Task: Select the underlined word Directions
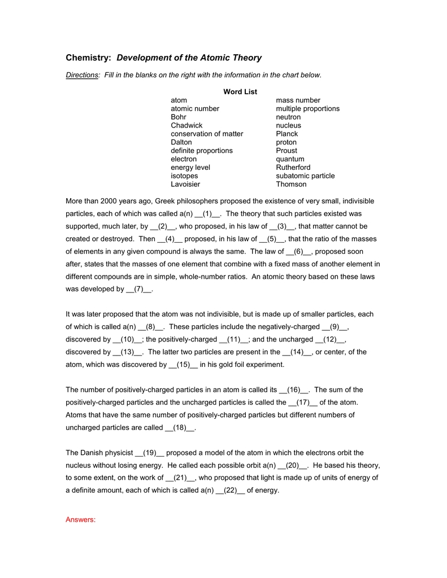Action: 82,75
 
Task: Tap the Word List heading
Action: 240,91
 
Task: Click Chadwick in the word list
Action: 186,125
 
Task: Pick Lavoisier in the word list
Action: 185,184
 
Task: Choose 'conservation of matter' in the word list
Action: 207,134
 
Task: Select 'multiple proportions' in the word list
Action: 307,108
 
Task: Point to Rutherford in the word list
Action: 293,167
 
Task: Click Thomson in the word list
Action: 291,184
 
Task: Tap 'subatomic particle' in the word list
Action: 305,176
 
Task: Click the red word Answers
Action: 81,520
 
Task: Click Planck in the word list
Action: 287,134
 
